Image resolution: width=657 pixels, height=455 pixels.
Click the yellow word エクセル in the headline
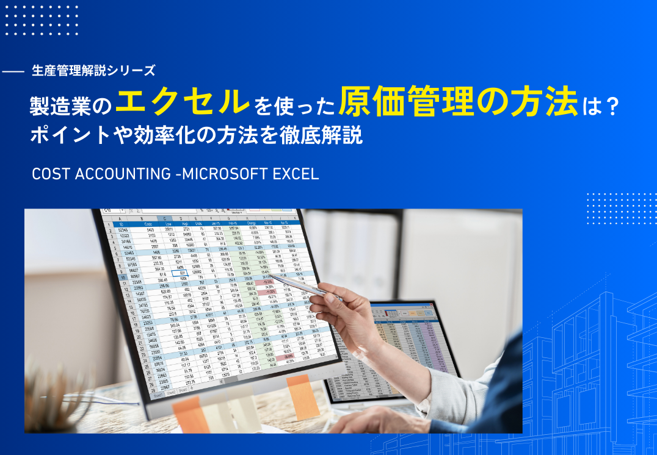click(x=182, y=103)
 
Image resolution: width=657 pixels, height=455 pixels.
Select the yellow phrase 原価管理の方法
click(x=458, y=103)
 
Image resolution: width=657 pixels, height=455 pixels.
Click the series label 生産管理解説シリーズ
click(x=93, y=71)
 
